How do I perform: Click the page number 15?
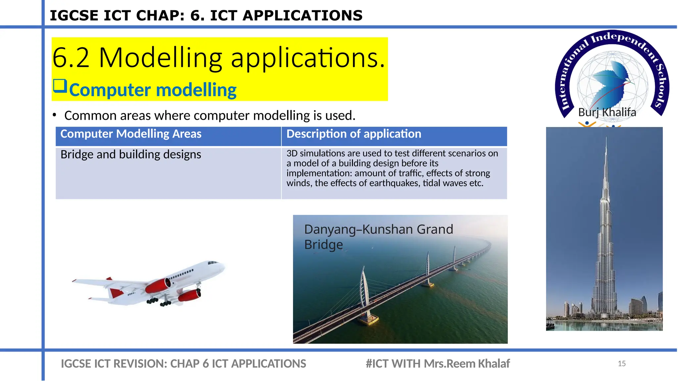tap(621, 363)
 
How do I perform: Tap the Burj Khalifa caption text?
tap(607, 112)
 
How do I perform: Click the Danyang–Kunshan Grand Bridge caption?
tap(378, 237)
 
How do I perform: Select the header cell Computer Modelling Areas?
tap(131, 134)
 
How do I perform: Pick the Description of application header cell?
tap(354, 134)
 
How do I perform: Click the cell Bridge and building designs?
tap(131, 154)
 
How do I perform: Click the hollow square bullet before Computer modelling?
tap(60, 86)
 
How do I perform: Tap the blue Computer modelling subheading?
tap(153, 90)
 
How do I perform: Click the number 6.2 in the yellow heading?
tap(71, 58)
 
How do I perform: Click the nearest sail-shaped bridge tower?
tap(365, 291)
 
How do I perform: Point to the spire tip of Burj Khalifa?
tap(606, 137)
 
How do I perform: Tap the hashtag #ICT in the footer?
tap(377, 363)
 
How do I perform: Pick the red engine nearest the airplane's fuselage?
tap(158, 285)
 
